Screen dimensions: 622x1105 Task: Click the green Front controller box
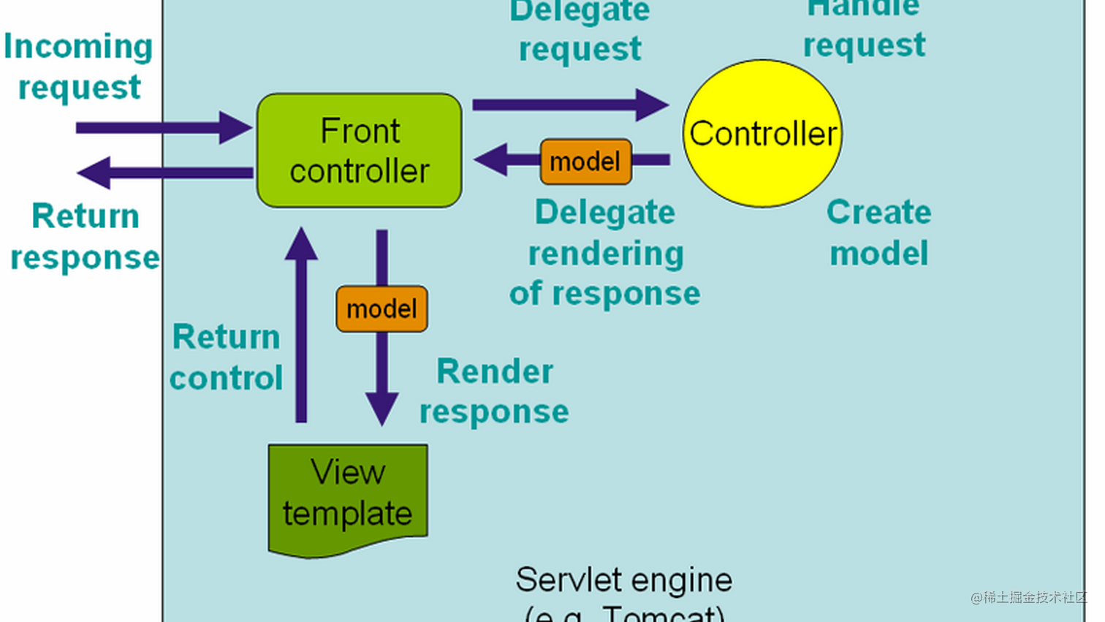click(359, 151)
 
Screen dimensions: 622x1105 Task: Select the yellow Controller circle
click(762, 134)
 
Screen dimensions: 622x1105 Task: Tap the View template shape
click(348, 497)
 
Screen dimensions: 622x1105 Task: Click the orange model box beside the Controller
click(585, 162)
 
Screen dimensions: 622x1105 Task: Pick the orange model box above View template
click(381, 309)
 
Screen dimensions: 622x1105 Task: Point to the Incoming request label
click(78, 67)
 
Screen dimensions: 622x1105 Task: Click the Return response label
click(85, 237)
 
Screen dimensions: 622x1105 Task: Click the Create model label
click(878, 232)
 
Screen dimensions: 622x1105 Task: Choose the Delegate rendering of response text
click(605, 253)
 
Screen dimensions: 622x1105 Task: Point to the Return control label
click(226, 357)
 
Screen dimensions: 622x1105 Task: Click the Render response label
click(494, 392)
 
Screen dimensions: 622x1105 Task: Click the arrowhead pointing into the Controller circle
click(652, 105)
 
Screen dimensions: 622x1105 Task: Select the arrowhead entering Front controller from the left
click(235, 128)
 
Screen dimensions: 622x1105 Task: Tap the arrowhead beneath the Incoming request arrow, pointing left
click(94, 173)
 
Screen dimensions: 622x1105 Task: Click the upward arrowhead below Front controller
click(301, 244)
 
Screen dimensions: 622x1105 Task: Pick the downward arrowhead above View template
click(381, 409)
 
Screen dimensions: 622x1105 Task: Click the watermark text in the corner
click(1029, 597)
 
